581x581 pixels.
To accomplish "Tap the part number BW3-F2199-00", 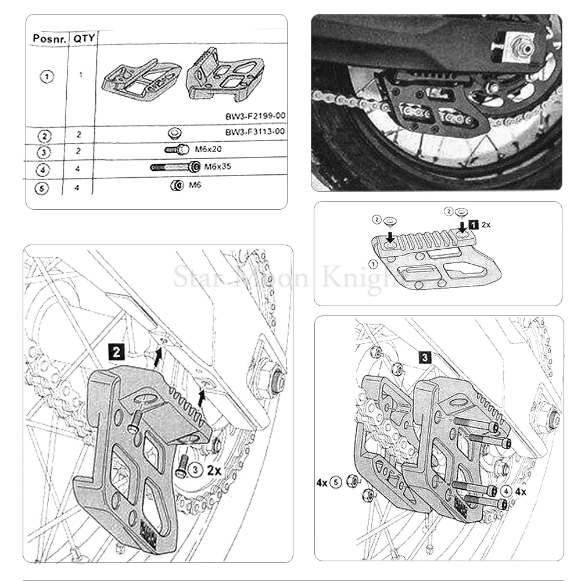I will (x=255, y=116).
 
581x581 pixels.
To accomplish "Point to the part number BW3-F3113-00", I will (x=255, y=131).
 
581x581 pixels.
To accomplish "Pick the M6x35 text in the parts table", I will (x=216, y=167).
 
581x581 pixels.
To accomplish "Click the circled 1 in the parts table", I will (x=48, y=77).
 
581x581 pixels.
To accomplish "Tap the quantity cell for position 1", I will (x=81, y=74).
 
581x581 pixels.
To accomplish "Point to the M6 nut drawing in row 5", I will (x=174, y=186).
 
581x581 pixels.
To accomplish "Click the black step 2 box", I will (x=117, y=351).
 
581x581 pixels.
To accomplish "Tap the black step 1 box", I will (x=474, y=224).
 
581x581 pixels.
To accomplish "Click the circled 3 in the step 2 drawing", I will (x=196, y=469).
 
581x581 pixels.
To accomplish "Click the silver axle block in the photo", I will (x=518, y=45).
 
